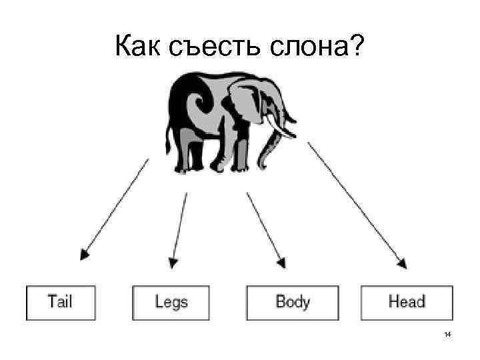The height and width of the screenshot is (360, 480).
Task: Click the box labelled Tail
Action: (x=61, y=302)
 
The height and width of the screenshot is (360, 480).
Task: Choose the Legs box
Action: (x=171, y=302)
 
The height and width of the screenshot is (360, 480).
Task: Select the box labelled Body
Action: (x=293, y=302)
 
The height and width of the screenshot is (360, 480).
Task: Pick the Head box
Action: (x=407, y=302)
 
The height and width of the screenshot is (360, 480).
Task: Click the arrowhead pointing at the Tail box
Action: (x=84, y=253)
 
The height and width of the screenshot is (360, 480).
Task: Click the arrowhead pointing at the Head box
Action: (x=402, y=262)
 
